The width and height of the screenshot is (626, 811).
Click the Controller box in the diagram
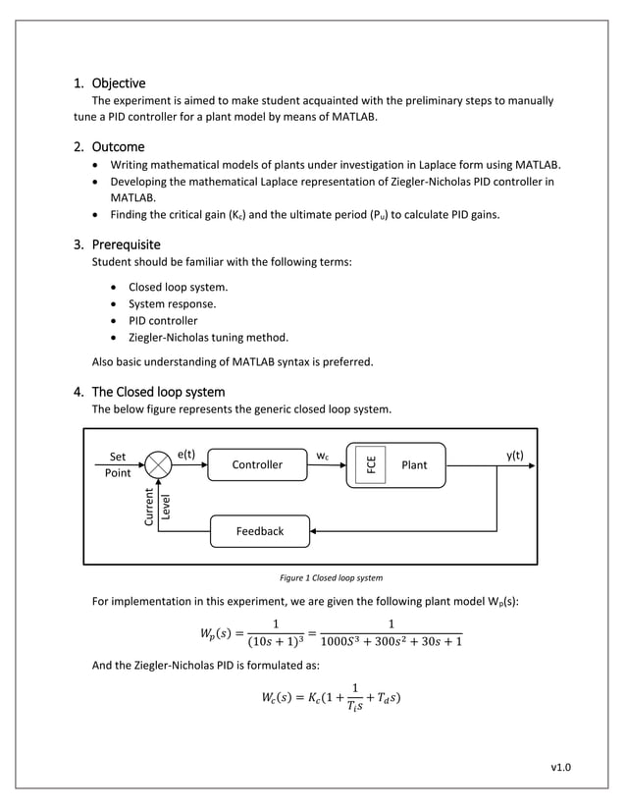click(x=256, y=464)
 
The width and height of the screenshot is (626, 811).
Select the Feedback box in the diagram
click(x=259, y=531)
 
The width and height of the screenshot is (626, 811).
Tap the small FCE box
click(x=372, y=464)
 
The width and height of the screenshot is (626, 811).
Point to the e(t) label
click(x=186, y=454)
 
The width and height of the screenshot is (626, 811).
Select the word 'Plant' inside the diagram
click(x=414, y=464)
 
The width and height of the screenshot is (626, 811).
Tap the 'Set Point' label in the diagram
click(x=117, y=464)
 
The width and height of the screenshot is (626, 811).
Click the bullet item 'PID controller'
click(x=163, y=320)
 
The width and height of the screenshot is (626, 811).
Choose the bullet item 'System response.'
click(x=173, y=303)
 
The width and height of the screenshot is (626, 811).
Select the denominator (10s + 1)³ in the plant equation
click(x=275, y=642)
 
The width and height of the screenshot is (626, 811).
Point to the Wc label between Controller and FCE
click(x=322, y=456)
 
